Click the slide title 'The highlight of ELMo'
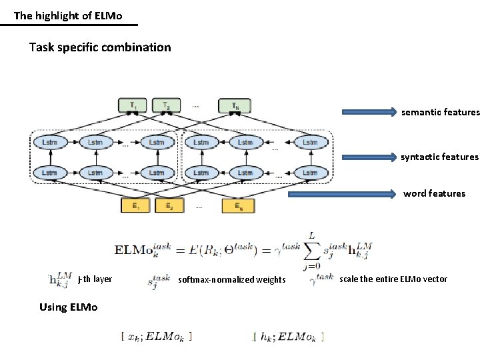tap(68, 15)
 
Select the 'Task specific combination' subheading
tap(100, 47)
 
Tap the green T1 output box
tap(134, 105)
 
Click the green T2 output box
tap(166, 105)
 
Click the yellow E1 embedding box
tap(136, 205)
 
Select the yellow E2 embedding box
tap(169, 205)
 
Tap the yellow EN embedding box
tap(238, 205)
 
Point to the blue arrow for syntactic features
tap(369, 157)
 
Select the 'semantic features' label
tap(440, 113)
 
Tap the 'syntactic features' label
tap(439, 157)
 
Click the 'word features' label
tap(434, 194)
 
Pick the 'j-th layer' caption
tap(95, 279)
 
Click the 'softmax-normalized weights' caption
tap(232, 280)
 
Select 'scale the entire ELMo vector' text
tap(393, 279)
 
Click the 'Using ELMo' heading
tap(69, 307)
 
